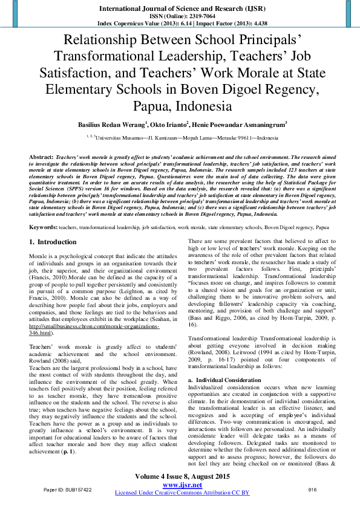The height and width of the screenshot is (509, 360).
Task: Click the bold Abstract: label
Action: coord(41,156)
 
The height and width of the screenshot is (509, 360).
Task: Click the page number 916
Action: coord(312,490)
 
